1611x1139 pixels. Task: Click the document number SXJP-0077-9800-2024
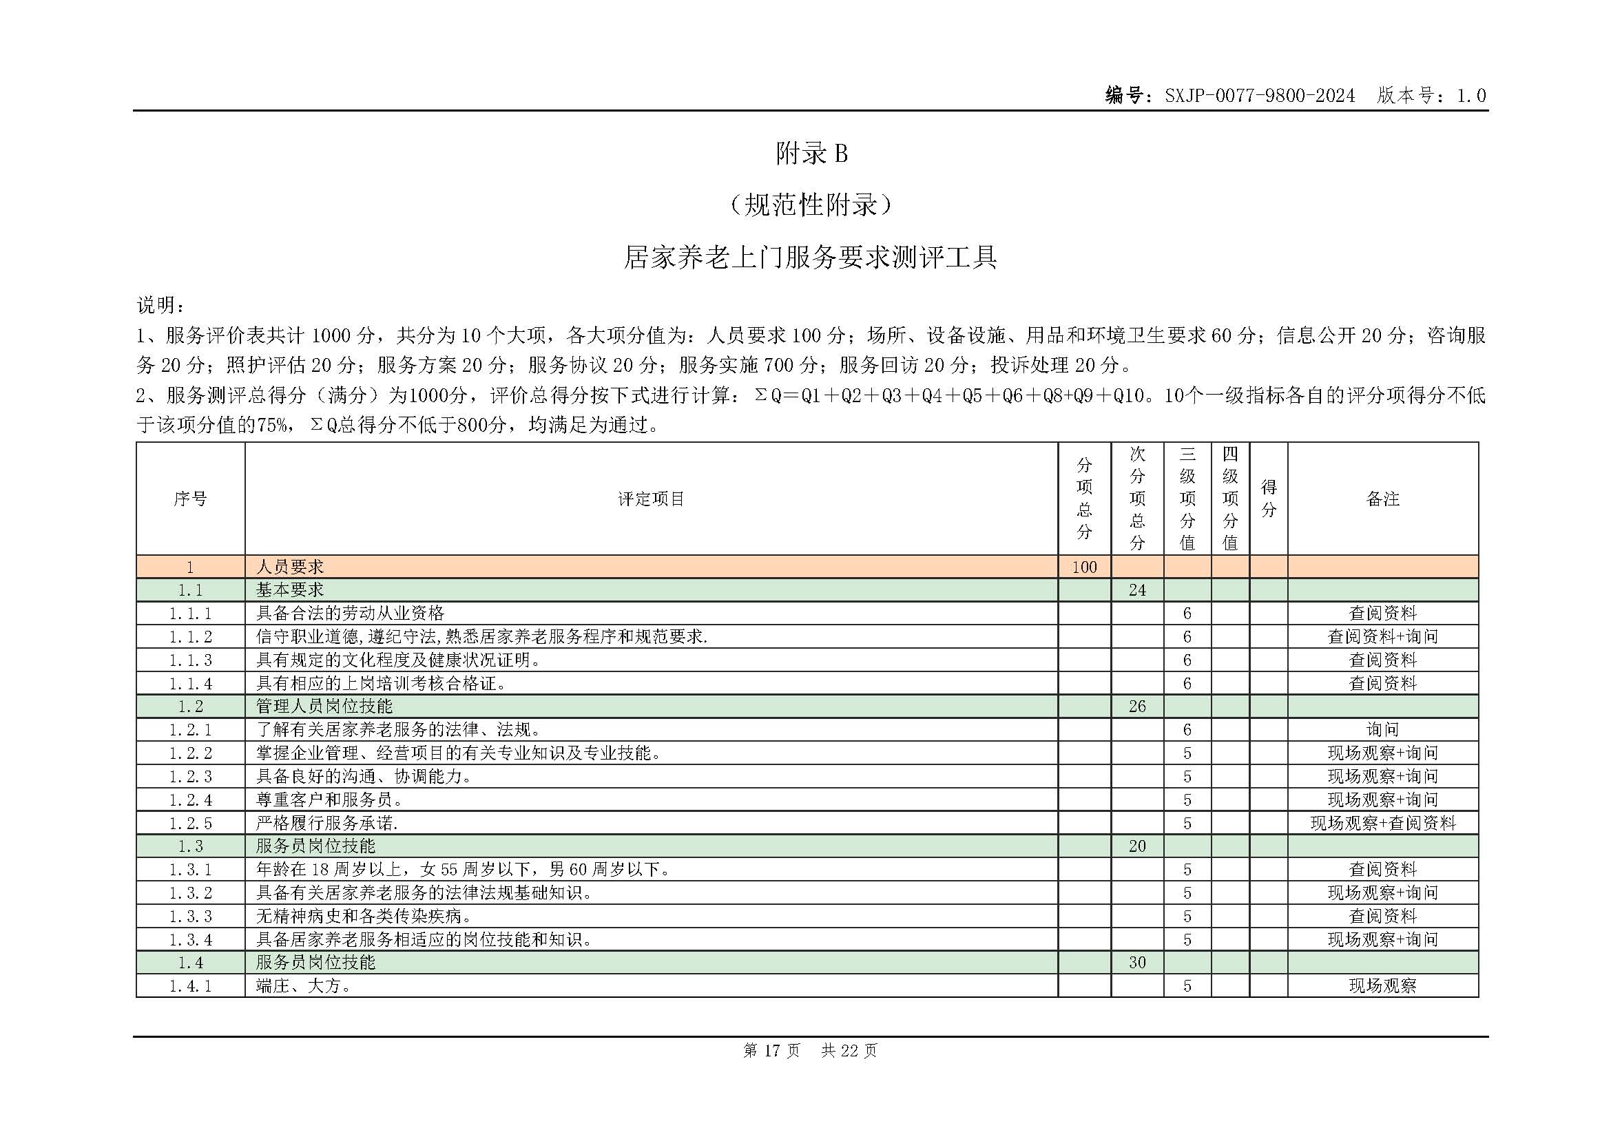click(x=1260, y=96)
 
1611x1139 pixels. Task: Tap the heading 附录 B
click(x=811, y=154)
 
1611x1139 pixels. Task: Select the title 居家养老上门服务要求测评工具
click(x=811, y=258)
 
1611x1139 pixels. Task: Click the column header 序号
click(x=190, y=499)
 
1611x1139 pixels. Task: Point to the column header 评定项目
click(x=650, y=499)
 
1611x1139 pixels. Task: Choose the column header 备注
click(x=1382, y=499)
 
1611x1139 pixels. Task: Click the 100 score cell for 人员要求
click(x=1084, y=567)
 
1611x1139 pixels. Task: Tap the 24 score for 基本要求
click(x=1136, y=590)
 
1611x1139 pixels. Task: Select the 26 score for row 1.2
click(x=1136, y=707)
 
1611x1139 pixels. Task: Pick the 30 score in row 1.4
click(x=1136, y=962)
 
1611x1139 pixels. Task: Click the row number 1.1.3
click(x=190, y=660)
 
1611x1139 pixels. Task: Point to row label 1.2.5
click(x=190, y=823)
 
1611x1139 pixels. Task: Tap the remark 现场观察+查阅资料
click(x=1382, y=823)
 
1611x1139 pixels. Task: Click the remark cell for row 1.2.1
click(x=1382, y=729)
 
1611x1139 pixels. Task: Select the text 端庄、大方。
click(x=304, y=985)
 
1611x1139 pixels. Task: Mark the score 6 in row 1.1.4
click(x=1187, y=683)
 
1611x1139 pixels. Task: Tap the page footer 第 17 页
click(x=771, y=1050)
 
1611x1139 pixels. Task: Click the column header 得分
click(x=1268, y=499)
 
